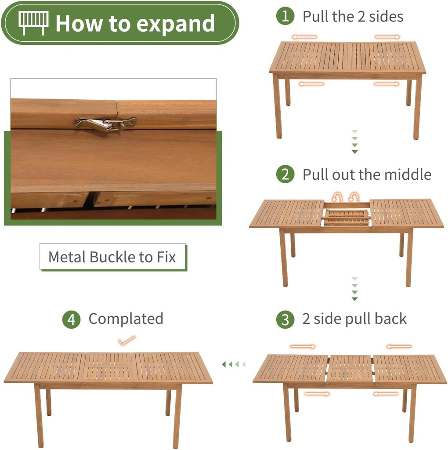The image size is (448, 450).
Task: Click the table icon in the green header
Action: tap(33, 23)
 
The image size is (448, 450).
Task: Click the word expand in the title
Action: tap(176, 24)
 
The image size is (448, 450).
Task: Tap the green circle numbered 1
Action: tap(285, 16)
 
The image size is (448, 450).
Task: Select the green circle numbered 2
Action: tap(285, 174)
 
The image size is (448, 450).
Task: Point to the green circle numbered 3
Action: tap(285, 319)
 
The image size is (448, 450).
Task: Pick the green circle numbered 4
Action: tap(72, 319)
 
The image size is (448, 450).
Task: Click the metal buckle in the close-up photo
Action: tap(106, 124)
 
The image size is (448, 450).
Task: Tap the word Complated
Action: tap(126, 319)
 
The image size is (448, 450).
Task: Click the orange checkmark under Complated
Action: tap(126, 341)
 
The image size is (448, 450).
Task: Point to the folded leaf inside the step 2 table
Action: tap(346, 218)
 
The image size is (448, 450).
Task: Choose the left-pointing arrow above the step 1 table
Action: tap(304, 37)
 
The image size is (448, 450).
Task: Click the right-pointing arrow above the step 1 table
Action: tap(387, 37)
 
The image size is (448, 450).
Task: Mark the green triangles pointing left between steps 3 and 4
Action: tap(234, 364)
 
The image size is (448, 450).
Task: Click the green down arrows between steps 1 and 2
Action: tap(355, 142)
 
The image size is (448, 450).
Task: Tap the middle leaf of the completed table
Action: tap(108, 367)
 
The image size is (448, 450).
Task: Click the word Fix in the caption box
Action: tap(166, 257)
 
